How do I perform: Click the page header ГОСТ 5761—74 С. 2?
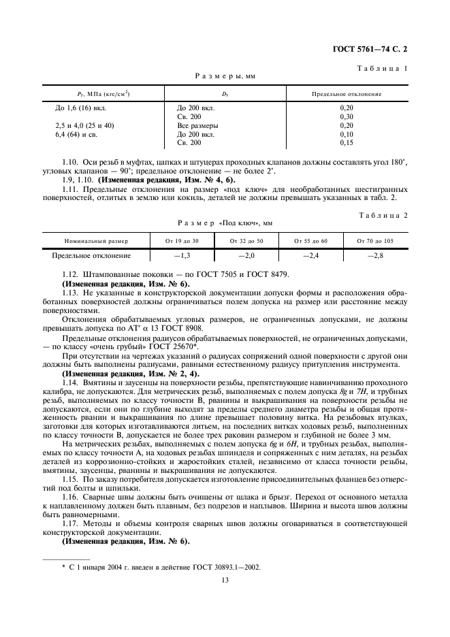(x=374, y=50)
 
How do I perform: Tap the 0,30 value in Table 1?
(x=346, y=117)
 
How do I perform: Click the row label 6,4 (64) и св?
(x=76, y=135)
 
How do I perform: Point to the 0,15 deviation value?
(x=346, y=144)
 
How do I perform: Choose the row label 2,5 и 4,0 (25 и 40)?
(x=84, y=126)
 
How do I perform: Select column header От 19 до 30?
(x=182, y=241)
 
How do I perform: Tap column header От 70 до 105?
(x=374, y=241)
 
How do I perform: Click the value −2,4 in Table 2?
(x=311, y=256)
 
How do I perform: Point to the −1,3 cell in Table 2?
(x=182, y=256)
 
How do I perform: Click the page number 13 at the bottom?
(x=225, y=580)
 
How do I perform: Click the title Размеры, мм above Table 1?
(x=225, y=78)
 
